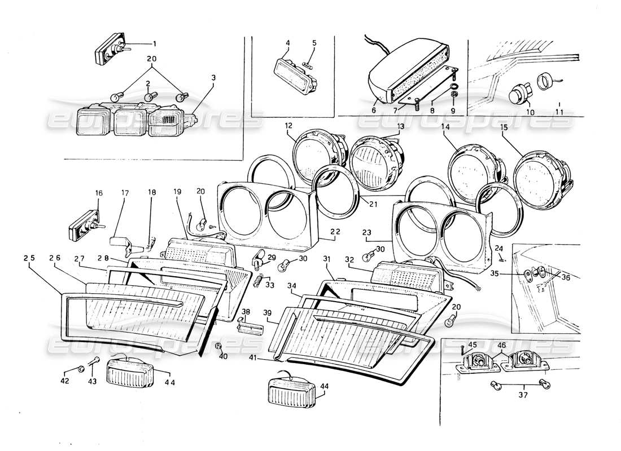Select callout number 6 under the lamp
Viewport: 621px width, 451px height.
pos(373,110)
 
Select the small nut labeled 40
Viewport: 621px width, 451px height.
pos(220,346)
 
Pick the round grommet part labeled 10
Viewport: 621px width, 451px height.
pos(516,95)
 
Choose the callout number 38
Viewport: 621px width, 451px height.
pos(246,312)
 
